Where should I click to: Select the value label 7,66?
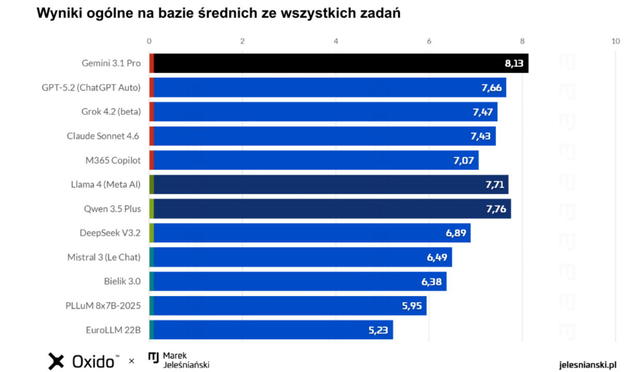[491, 87]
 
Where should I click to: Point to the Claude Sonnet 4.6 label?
[103, 136]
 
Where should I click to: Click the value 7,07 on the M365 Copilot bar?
[463, 160]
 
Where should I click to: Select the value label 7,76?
[496, 209]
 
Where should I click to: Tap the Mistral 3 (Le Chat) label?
[104, 257]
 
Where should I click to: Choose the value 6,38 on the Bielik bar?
[432, 282]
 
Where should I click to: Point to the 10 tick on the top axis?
[615, 41]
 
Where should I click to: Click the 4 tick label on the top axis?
[336, 41]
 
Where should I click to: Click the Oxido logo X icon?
[56, 361]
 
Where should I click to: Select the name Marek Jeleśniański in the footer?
[185, 360]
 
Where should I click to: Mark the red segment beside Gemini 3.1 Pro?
[151, 63]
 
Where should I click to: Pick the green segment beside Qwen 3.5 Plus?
[151, 209]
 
